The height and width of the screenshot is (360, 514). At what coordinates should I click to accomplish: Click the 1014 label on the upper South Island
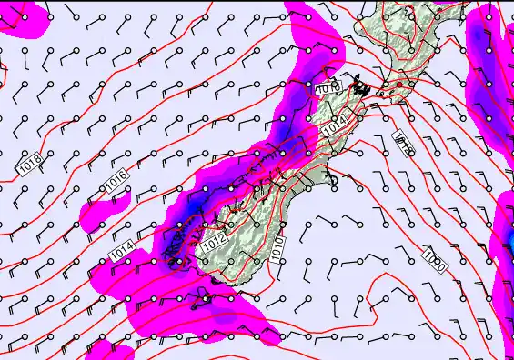[335, 128]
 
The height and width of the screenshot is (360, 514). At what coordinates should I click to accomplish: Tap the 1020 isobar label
[434, 261]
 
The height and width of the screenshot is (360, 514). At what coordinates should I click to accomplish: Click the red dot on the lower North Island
[398, 85]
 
